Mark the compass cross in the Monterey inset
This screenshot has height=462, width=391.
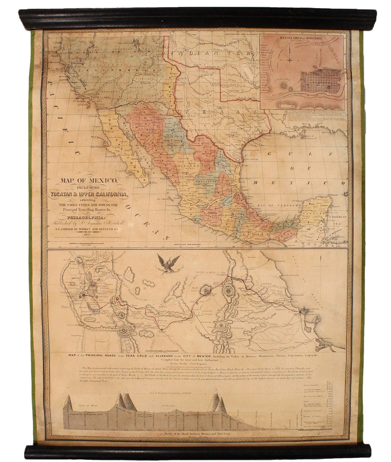pos(290,60)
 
